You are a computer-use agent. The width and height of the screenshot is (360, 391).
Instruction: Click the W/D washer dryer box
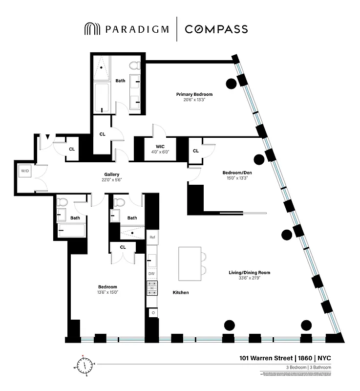click(x=24, y=171)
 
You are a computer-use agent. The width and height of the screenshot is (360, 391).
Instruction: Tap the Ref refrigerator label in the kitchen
click(x=151, y=237)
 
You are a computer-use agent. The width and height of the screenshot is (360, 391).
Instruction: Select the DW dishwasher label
click(x=151, y=274)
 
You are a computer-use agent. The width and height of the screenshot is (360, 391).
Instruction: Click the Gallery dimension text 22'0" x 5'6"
click(x=112, y=180)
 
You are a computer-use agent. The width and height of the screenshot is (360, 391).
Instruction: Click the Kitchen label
click(x=180, y=293)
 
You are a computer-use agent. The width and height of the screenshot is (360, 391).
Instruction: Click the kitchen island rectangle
click(x=190, y=264)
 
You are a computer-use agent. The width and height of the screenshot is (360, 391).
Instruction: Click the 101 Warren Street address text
click(x=267, y=358)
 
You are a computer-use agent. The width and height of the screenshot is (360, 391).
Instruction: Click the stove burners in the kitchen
click(x=152, y=288)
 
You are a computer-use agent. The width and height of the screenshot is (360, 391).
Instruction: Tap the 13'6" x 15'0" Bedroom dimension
click(x=108, y=292)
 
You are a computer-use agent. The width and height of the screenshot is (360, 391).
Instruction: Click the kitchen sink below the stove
click(x=152, y=312)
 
